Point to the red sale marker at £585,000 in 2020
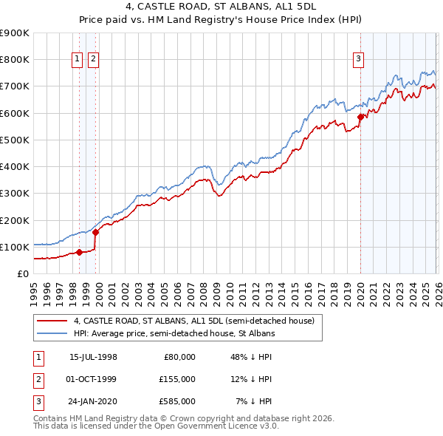coord(360,117)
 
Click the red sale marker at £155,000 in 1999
coord(95,232)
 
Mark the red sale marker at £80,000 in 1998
coord(80,252)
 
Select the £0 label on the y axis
coord(23,273)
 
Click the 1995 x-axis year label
coord(33,290)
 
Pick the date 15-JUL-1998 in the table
coord(93,357)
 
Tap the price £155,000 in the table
coord(176,379)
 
